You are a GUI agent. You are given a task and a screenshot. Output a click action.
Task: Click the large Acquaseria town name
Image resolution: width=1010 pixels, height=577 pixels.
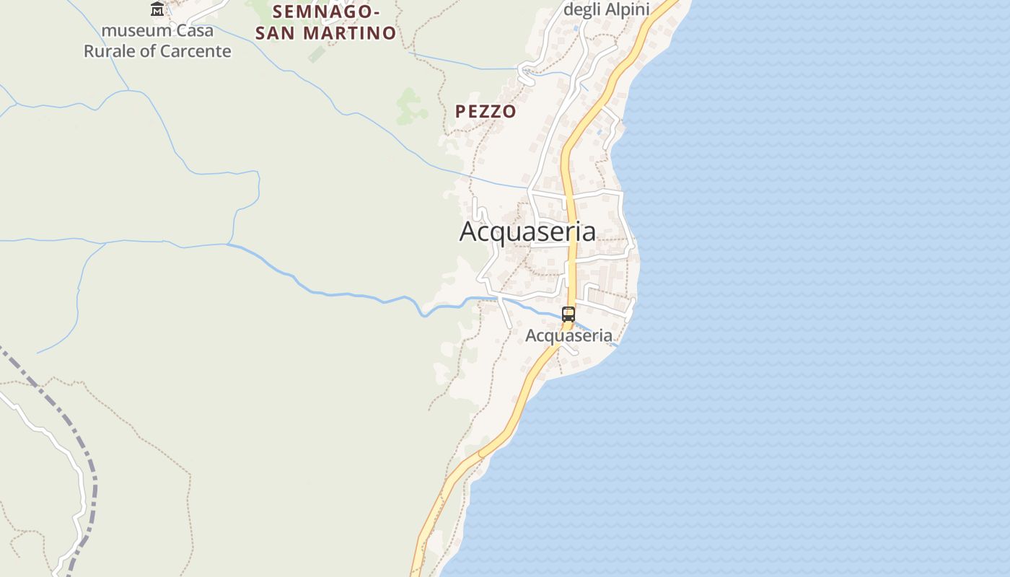(527, 232)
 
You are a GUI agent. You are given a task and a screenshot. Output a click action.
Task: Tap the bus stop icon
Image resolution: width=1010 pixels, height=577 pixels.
(568, 314)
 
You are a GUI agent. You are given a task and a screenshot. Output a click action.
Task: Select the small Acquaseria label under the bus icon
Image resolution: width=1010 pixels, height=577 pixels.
(568, 335)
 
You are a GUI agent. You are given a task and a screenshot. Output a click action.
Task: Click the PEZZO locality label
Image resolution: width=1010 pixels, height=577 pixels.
(486, 111)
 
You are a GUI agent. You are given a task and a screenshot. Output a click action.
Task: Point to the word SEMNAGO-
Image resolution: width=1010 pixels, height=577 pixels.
(326, 12)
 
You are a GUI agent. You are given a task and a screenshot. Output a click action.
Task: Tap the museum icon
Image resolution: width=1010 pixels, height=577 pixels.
(157, 9)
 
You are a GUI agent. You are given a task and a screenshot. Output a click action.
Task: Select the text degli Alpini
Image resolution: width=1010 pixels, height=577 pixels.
(606, 9)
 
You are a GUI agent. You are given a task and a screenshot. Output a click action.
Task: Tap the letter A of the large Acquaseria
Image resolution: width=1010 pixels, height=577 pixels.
(468, 232)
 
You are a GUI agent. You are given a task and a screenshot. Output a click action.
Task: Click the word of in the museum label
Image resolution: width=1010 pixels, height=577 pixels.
(149, 51)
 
